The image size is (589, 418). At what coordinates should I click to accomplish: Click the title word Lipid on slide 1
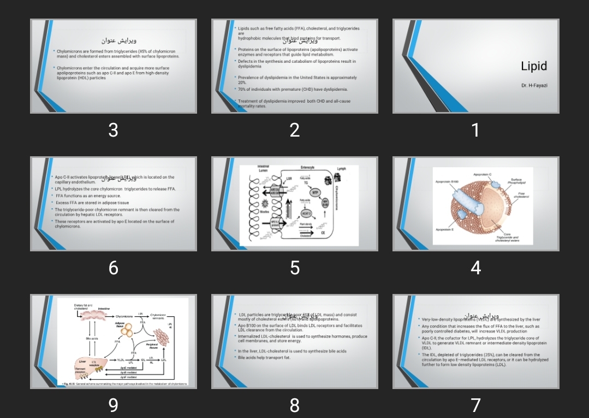coord(533,66)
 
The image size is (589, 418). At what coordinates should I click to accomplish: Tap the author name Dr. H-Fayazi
coord(534,86)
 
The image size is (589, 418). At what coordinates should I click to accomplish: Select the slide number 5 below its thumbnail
coord(295,268)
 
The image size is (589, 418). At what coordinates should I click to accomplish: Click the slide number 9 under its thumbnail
coord(113,405)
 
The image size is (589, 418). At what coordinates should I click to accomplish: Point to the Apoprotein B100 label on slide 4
coord(447,181)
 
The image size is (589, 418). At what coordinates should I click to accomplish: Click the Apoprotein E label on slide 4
coord(444,229)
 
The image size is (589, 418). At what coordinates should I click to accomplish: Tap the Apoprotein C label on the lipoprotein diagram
coord(482,174)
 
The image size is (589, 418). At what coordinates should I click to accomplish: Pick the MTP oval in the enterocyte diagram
coord(315,192)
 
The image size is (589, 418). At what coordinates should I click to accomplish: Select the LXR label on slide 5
coord(289,178)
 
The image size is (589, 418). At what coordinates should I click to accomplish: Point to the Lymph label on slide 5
coord(342,169)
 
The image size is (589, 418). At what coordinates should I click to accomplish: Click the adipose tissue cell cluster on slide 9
coord(127,331)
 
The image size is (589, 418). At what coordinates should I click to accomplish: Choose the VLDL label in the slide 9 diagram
coord(121,360)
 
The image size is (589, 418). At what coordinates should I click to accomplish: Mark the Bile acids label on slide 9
coord(92,338)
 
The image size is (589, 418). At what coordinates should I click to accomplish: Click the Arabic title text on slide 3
coord(119,41)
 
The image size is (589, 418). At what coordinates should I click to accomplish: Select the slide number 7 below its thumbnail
coord(475,405)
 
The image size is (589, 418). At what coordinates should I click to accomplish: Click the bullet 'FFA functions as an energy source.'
coord(88,196)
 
